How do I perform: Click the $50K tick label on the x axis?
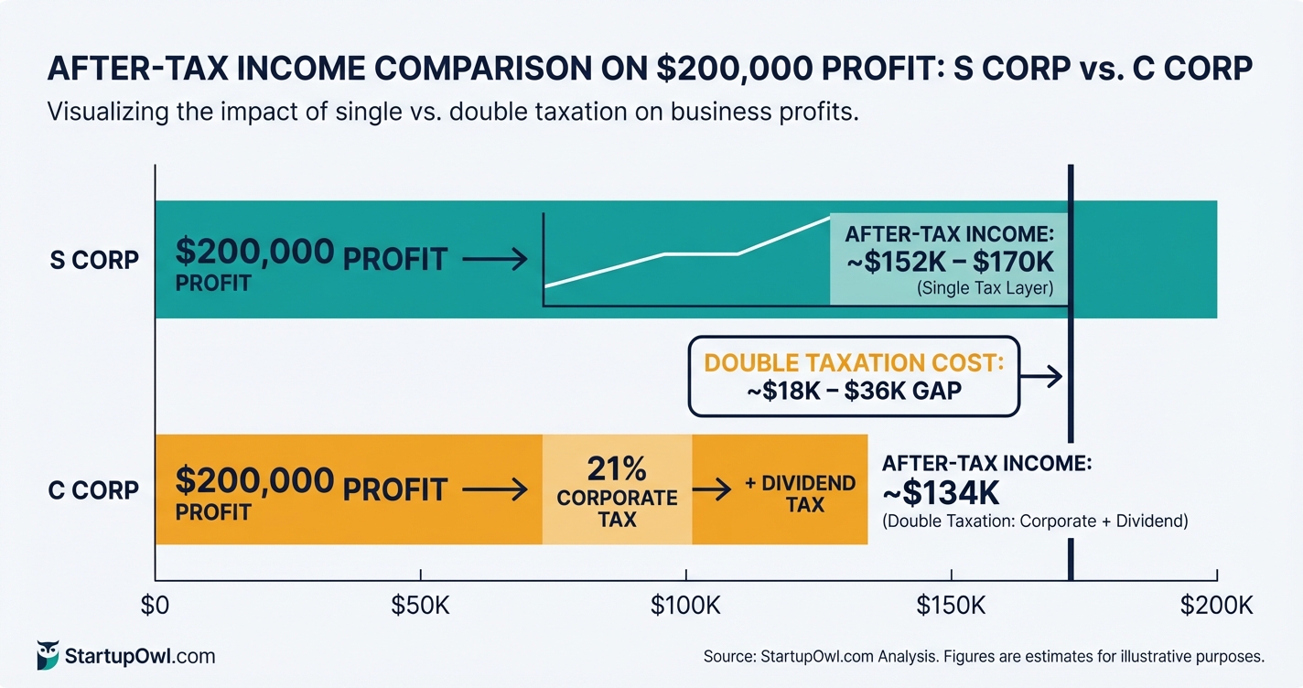click(x=420, y=606)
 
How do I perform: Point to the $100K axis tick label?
click(x=685, y=606)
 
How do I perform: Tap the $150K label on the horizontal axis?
click(x=952, y=606)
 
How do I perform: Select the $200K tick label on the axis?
click(x=1216, y=606)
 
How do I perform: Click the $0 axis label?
click(x=156, y=606)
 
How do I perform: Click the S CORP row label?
click(x=94, y=260)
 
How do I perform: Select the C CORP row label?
click(x=93, y=490)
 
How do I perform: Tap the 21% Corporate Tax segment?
click(x=618, y=490)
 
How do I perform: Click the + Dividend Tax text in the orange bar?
click(x=801, y=493)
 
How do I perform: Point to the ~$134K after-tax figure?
click(x=941, y=492)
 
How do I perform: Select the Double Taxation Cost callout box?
click(x=854, y=376)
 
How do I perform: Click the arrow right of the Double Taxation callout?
click(x=1043, y=376)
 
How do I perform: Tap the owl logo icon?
click(x=48, y=654)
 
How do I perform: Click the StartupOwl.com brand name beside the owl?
click(x=140, y=656)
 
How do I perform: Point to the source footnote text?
click(x=984, y=656)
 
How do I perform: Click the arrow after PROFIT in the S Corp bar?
click(x=495, y=260)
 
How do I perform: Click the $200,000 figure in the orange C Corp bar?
click(x=254, y=480)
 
